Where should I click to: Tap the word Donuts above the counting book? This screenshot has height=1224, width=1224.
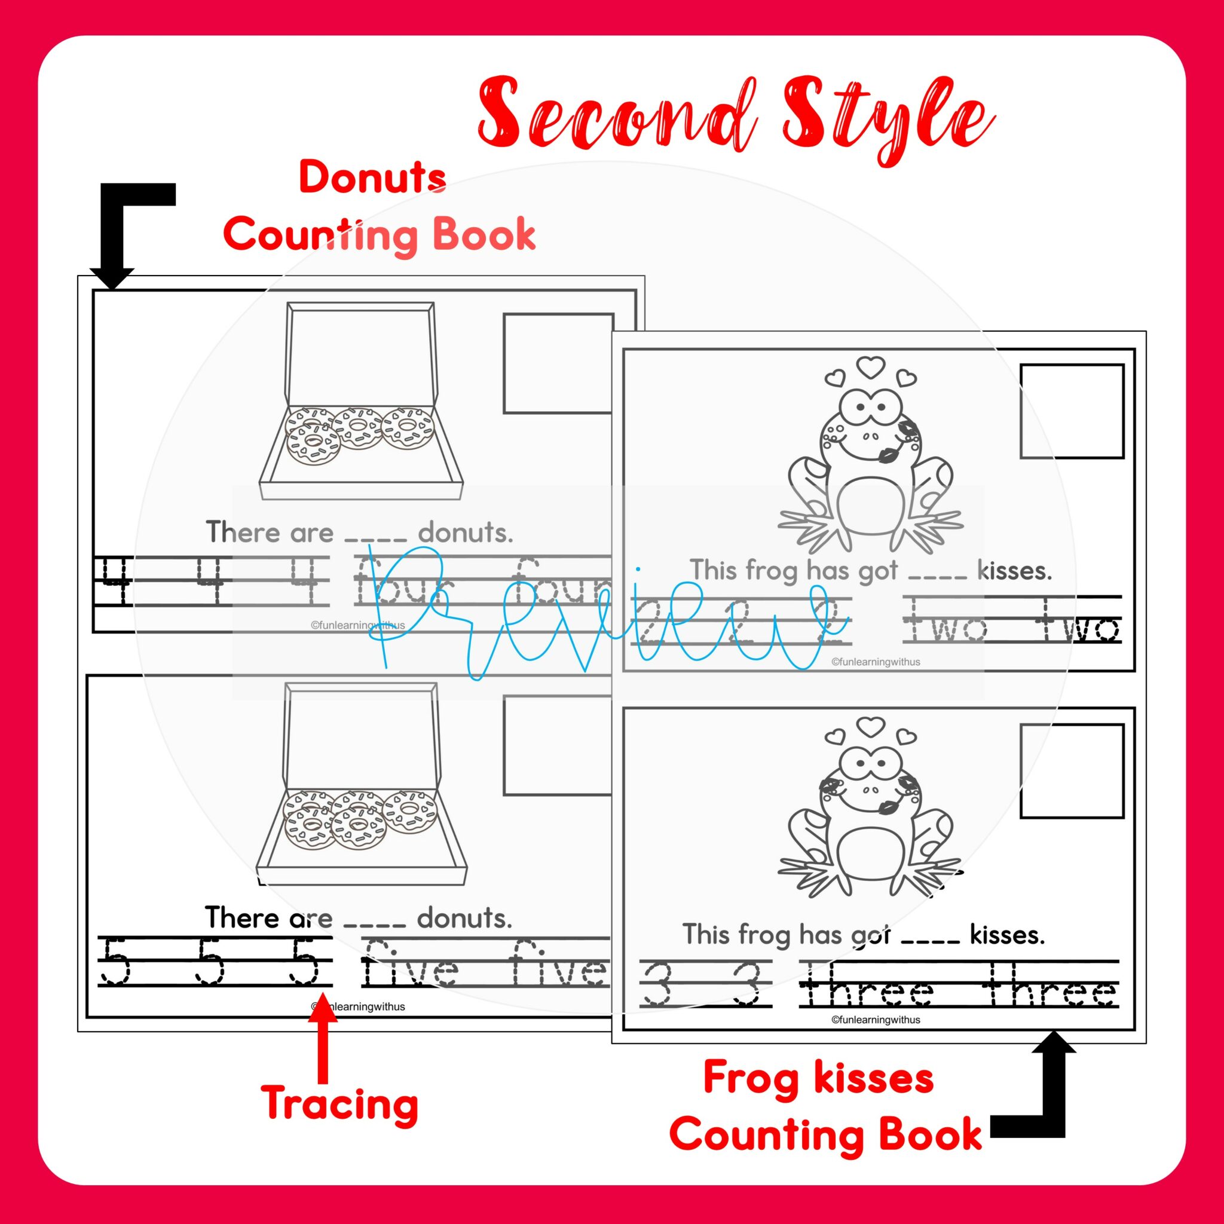[372, 179]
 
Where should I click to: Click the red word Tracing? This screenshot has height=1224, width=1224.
[340, 1103]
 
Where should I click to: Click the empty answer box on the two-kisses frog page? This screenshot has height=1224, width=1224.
[1072, 411]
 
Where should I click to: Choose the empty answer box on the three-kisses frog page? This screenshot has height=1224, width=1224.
[1072, 772]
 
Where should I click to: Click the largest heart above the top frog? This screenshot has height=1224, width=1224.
[870, 367]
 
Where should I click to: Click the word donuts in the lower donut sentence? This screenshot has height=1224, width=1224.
[464, 917]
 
